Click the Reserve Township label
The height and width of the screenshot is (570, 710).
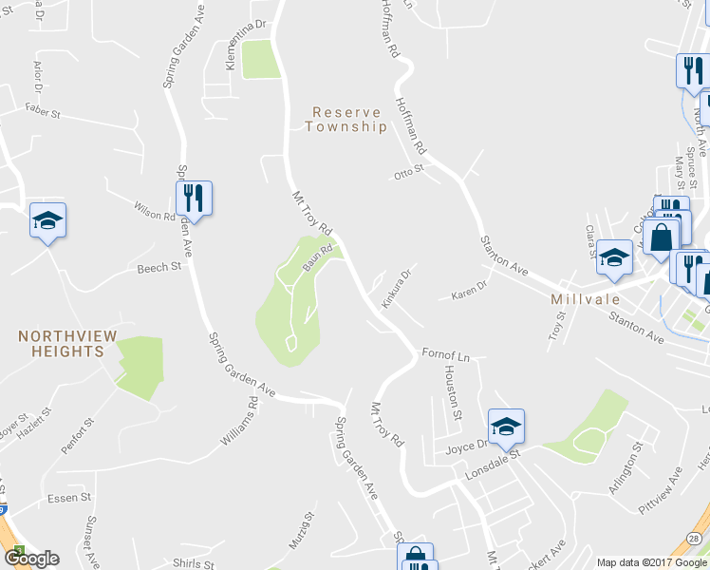pos(346,119)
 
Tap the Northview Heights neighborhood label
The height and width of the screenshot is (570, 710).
pos(61,343)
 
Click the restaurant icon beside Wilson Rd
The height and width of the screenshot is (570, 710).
pos(194,199)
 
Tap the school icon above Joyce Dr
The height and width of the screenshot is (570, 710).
pos(506,427)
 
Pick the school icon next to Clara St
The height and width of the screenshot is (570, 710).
pos(615,257)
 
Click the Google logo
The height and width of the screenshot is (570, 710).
pos(31,559)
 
